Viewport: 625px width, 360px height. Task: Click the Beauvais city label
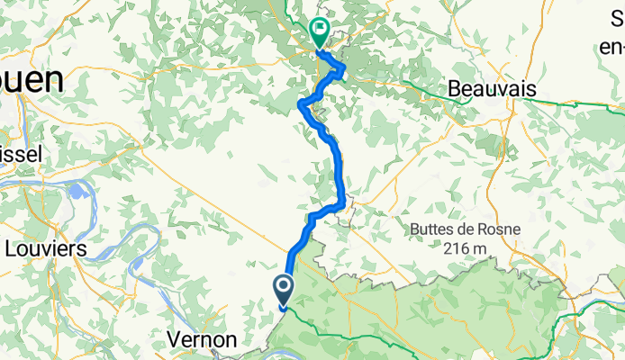click(492, 89)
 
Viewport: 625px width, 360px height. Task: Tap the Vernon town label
click(204, 340)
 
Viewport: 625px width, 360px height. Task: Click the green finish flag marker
click(319, 31)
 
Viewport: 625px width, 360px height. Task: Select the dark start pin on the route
click(283, 288)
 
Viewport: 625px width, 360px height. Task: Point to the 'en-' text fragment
click(610, 45)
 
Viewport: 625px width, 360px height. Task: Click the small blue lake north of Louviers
click(78, 192)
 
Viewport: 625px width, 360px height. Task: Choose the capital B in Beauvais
click(455, 89)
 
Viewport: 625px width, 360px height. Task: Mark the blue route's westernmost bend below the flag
click(300, 106)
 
